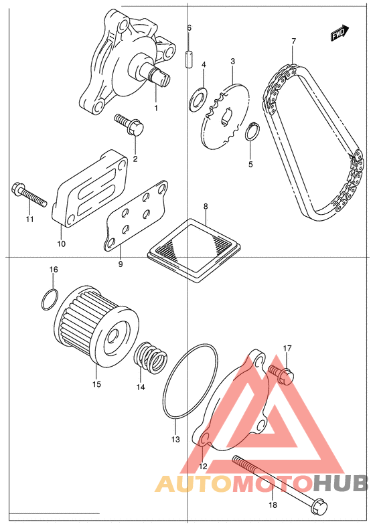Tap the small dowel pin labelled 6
(x=189, y=59)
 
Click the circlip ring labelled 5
(x=252, y=133)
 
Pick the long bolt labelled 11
(x=29, y=196)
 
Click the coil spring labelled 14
(x=151, y=359)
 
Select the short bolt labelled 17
(x=281, y=374)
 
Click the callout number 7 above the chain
(x=294, y=41)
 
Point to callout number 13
(x=175, y=439)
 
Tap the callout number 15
(x=96, y=384)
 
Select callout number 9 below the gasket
(x=121, y=264)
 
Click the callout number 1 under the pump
(x=156, y=108)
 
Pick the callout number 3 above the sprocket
(x=232, y=62)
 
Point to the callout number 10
(x=61, y=244)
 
